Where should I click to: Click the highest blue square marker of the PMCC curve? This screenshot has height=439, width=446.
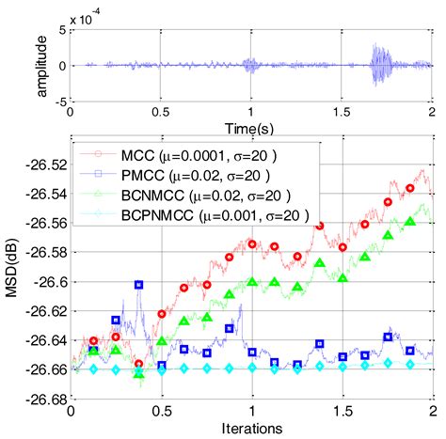[x=139, y=284]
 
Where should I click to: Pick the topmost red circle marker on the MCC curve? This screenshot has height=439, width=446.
[x=409, y=188]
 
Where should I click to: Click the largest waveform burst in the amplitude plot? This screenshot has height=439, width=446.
[x=380, y=66]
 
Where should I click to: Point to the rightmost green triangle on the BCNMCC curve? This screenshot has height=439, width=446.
[x=409, y=222]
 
